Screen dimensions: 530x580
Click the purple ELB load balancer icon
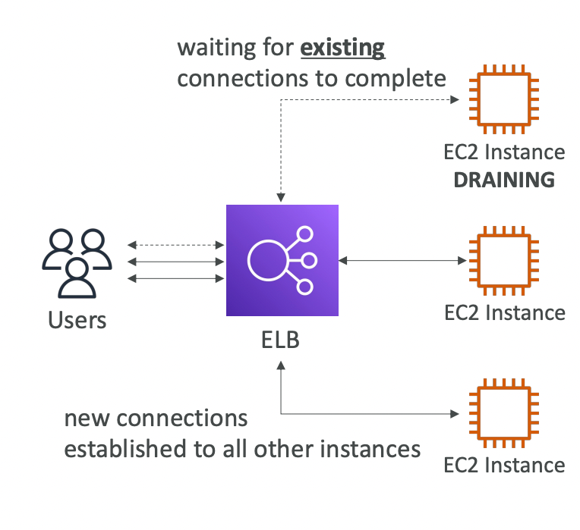pos(282,260)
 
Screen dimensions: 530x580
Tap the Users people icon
pos(77,262)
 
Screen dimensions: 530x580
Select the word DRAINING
pos(504,180)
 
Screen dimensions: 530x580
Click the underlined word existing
pos(342,49)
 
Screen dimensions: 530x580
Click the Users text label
pos(77,320)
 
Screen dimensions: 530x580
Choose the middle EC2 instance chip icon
pos(504,261)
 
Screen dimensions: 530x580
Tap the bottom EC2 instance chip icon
pos(504,414)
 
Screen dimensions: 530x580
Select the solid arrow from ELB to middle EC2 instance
pos(402,261)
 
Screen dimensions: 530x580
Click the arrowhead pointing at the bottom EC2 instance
pos(456,414)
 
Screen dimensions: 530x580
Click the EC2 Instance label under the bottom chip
pos(504,464)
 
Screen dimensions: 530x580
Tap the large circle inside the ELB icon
pos(268,261)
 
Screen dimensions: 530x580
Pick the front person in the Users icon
pos(77,278)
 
